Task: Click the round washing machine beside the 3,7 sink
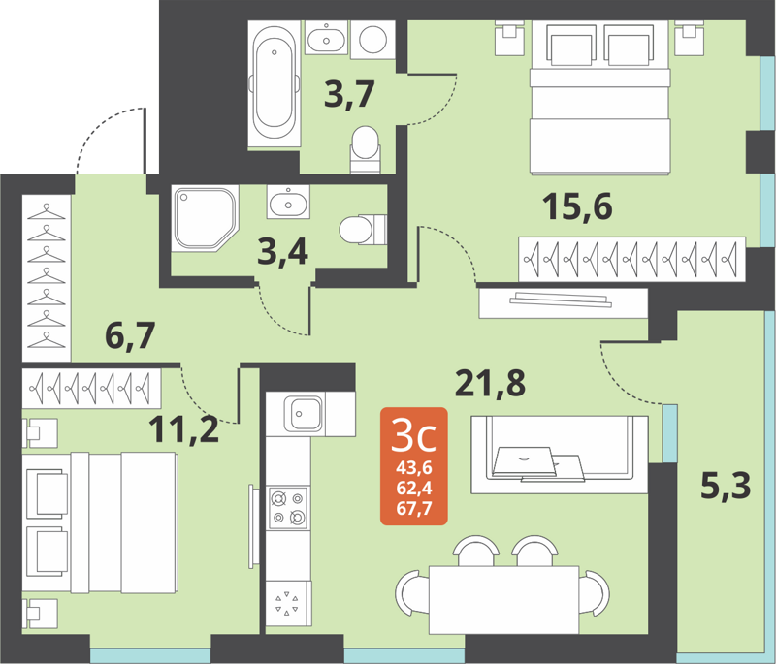tap(373, 39)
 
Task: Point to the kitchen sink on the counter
tap(304, 414)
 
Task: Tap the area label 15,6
tap(577, 206)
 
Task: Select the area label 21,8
tap(490, 384)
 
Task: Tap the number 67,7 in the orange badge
tap(414, 506)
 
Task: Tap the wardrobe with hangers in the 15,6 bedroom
tap(631, 257)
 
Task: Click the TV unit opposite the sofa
tap(563, 301)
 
